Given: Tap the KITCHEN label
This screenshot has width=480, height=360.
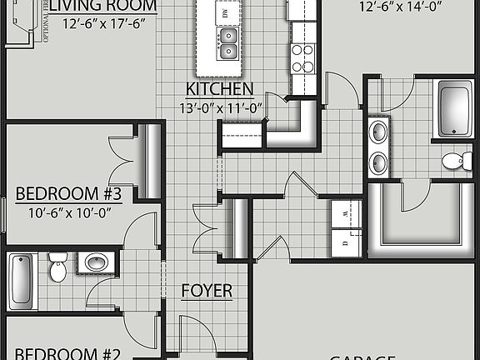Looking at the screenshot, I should [x=219, y=89].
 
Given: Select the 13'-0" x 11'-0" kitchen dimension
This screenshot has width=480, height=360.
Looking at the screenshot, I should [x=219, y=107].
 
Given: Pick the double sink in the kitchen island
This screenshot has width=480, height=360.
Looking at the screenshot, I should [x=227, y=42].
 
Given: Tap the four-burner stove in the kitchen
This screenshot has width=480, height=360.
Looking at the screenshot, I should [x=302, y=57].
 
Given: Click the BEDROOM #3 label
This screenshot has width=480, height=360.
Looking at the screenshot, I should [x=69, y=195].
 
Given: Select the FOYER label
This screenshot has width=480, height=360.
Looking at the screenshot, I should [x=207, y=291].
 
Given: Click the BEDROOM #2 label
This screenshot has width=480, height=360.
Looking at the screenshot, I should [x=69, y=352].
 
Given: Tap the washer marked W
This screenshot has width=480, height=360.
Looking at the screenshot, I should [x=346, y=214].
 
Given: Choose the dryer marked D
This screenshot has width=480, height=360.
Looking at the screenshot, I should [x=346, y=244].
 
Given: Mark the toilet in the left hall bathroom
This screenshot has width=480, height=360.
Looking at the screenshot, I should [x=57, y=267].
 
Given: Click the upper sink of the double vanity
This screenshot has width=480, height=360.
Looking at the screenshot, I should [x=379, y=132].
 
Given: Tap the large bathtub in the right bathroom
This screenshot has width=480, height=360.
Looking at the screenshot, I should [x=455, y=109].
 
